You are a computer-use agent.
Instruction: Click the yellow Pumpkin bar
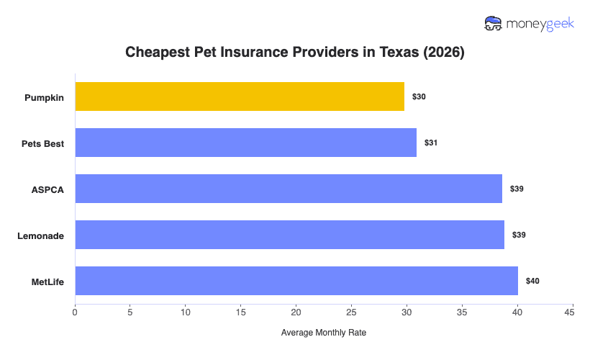(x=240, y=96)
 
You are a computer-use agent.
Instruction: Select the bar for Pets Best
(x=245, y=143)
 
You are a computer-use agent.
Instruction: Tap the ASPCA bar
(x=289, y=189)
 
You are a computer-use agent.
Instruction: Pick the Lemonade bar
(x=289, y=235)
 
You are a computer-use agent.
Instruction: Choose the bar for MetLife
(x=296, y=281)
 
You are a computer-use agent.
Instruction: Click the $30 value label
(x=419, y=96)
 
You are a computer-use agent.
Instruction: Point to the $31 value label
(x=431, y=143)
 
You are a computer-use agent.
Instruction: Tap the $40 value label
(x=532, y=281)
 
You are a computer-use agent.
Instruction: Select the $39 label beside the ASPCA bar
(x=517, y=189)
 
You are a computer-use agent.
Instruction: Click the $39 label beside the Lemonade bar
(x=519, y=235)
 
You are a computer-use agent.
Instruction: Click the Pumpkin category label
(x=44, y=97)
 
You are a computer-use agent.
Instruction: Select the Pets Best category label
(x=42, y=143)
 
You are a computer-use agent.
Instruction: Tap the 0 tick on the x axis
(x=75, y=312)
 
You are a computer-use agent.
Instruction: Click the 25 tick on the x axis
(x=351, y=312)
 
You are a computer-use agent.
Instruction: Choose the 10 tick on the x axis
(x=186, y=312)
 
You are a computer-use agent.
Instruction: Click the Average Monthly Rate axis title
(x=324, y=333)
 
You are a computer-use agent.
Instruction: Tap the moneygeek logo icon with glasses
(x=494, y=23)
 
